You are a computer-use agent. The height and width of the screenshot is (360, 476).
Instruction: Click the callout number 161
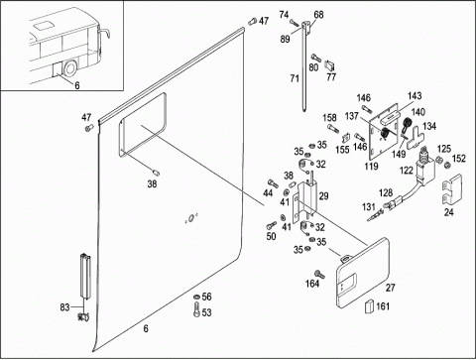pyautogui.click(x=383, y=306)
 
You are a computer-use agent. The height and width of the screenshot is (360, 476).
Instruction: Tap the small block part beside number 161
pyautogui.click(x=369, y=306)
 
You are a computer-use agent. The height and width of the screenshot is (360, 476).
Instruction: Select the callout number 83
pyautogui.click(x=64, y=307)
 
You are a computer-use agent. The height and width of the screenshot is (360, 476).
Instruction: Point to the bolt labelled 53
pyautogui.click(x=196, y=310)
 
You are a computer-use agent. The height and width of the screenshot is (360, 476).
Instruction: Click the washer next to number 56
pyautogui.click(x=196, y=297)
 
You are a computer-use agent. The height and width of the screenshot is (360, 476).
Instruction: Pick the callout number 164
pyautogui.click(x=312, y=284)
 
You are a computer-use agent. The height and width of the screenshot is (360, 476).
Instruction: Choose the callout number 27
pyautogui.click(x=390, y=288)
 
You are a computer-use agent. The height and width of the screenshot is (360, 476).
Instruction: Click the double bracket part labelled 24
pyautogui.click(x=452, y=189)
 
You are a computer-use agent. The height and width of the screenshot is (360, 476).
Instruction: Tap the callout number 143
pyautogui.click(x=415, y=96)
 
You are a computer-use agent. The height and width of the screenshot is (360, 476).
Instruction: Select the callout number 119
pyautogui.click(x=371, y=166)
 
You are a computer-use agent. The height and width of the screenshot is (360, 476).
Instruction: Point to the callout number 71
pyautogui.click(x=295, y=78)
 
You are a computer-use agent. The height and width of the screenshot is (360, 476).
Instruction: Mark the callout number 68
pyautogui.click(x=318, y=15)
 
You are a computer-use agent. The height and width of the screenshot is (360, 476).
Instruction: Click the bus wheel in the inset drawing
pyautogui.click(x=70, y=68)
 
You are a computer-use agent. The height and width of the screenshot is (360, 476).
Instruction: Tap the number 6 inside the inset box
pyautogui.click(x=77, y=85)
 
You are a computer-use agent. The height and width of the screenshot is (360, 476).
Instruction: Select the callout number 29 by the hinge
pyautogui.click(x=323, y=196)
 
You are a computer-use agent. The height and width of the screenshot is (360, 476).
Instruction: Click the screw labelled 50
pyautogui.click(x=271, y=226)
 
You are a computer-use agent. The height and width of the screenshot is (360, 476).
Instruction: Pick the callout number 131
pyautogui.click(x=369, y=207)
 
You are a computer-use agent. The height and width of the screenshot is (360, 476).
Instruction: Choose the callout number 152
pyautogui.click(x=459, y=159)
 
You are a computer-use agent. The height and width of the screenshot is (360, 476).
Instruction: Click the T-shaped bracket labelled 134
pyautogui.click(x=416, y=138)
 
